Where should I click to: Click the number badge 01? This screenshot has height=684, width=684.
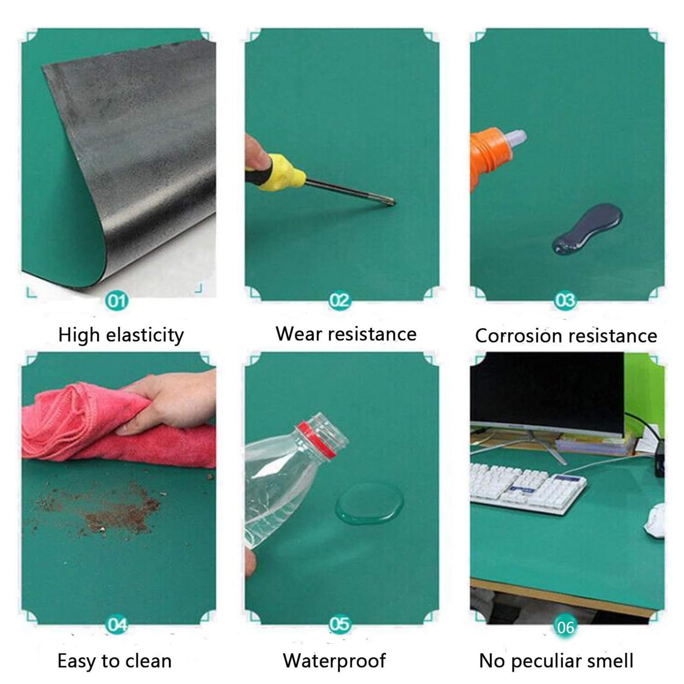point(116,301)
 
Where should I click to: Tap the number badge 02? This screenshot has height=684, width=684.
point(340,301)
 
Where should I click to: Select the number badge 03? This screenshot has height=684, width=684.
point(565,301)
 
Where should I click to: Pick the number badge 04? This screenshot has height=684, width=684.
point(117,625)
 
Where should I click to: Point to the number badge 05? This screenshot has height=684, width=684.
point(340,624)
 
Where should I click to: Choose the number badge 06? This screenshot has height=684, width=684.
point(565,627)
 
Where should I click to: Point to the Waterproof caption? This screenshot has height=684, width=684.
point(334,661)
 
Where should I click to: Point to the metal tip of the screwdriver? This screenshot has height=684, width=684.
point(389,201)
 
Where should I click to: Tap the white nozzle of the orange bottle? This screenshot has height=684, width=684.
point(516,137)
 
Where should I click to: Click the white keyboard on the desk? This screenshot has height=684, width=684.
point(528,487)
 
